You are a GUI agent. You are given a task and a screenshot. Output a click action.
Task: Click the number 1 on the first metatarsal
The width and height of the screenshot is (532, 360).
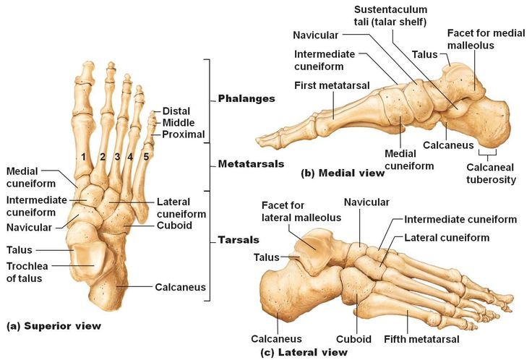83,157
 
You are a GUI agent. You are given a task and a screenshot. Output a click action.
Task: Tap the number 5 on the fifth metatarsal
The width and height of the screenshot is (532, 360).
146,157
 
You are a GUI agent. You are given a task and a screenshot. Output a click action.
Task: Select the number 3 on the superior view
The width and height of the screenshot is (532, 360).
117,157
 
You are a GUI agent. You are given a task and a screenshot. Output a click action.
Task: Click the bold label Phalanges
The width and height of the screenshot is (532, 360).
246,99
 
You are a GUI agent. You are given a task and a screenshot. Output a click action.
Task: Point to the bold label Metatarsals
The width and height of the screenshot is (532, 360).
251,164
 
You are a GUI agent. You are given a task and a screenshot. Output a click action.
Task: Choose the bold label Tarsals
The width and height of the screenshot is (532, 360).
239,240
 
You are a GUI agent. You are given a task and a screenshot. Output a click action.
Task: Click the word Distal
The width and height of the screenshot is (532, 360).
176,111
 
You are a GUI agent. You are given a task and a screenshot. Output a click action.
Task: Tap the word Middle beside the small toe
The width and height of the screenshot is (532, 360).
179,122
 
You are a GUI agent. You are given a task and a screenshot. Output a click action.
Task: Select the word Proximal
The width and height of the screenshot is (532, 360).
183,134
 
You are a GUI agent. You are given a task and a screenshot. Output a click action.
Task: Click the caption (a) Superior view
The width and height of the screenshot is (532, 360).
54,326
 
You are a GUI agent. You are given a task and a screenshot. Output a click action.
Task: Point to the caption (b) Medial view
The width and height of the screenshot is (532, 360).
343,173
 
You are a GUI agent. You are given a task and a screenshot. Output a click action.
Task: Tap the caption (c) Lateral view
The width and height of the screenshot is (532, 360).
304,352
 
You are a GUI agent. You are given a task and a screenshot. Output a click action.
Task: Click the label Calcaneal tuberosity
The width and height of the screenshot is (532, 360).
491,173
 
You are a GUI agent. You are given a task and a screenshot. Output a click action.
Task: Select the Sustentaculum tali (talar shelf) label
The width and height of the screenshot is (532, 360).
390,16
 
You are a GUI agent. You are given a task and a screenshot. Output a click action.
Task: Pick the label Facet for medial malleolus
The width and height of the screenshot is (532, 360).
486,39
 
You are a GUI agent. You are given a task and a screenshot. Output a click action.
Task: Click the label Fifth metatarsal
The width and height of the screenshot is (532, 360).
421,339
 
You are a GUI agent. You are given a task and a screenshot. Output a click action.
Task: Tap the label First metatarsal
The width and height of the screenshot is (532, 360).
332,85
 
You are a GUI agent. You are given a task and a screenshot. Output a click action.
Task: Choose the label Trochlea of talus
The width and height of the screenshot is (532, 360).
27,272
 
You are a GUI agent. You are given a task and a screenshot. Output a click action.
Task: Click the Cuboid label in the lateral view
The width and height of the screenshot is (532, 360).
353,339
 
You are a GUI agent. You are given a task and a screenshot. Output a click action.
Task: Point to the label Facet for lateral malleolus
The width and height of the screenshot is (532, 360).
301,211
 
